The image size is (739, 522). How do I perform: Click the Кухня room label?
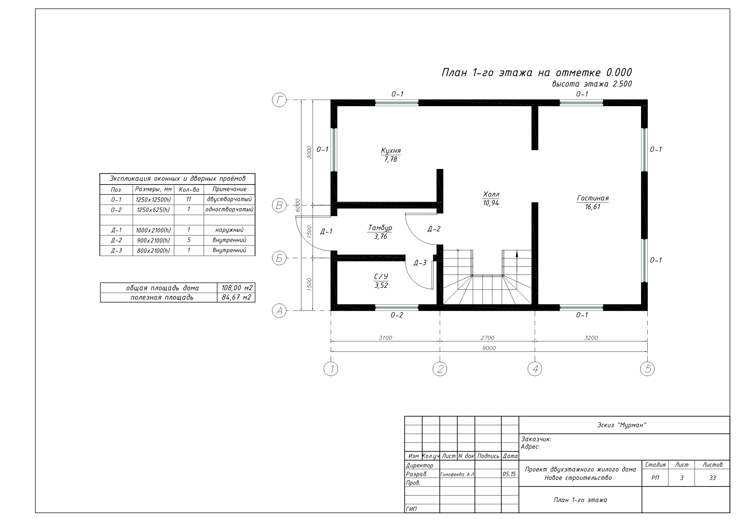tap(391, 151)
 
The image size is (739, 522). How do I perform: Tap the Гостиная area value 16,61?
tap(593, 207)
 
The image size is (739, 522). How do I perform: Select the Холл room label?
tap(491, 194)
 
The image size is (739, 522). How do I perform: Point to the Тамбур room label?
tap(380, 228)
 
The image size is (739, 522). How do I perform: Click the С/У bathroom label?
tap(381, 277)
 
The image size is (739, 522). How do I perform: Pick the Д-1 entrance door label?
tap(326, 232)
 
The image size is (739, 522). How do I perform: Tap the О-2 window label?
tap(397, 315)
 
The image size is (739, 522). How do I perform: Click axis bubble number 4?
tap(535, 369)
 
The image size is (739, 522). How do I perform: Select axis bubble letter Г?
tap(279, 100)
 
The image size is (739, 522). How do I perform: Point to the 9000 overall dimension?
tap(489, 348)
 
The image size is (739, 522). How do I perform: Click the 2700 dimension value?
tap(487, 338)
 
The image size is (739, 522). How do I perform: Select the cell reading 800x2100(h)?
tap(153, 250)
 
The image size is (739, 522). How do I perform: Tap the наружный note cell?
tap(230, 230)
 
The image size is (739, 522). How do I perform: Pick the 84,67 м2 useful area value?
tap(236, 297)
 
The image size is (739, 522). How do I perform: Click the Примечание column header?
tap(230, 189)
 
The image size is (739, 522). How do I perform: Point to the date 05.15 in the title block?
tap(509, 474)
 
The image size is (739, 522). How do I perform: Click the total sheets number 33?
tap(713, 478)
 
